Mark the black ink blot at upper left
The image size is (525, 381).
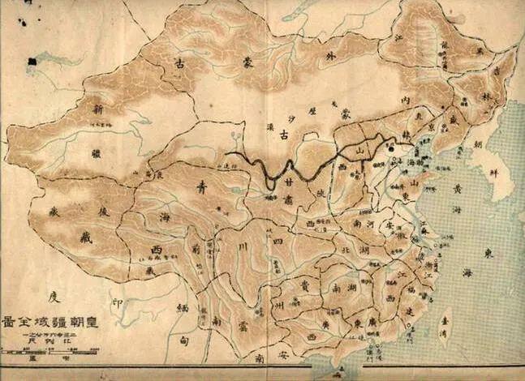(x=32, y=61)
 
